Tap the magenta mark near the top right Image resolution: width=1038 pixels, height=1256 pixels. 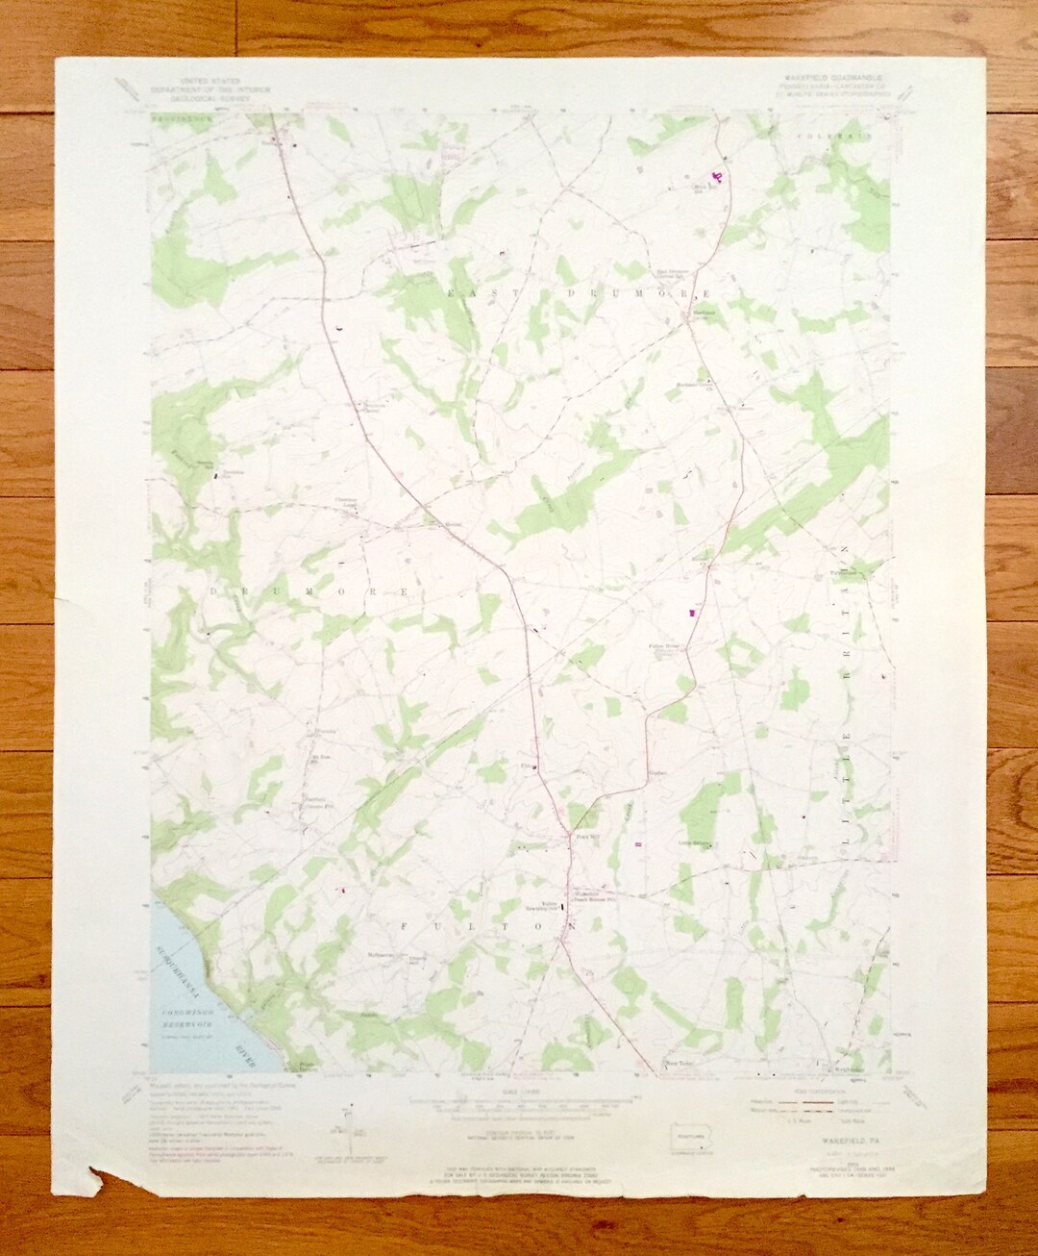click(716, 176)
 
